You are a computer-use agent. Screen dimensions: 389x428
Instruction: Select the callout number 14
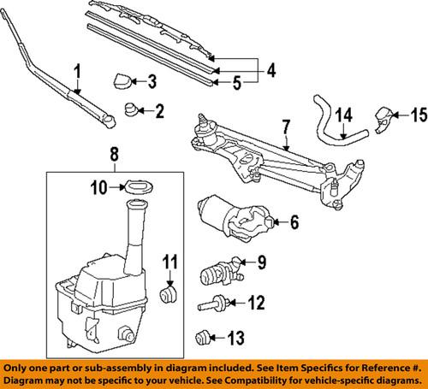(x=342, y=112)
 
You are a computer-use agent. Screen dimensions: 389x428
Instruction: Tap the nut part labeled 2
(x=132, y=109)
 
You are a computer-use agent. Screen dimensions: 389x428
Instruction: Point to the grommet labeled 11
(x=169, y=297)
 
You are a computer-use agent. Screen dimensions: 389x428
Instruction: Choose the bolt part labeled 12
(x=213, y=303)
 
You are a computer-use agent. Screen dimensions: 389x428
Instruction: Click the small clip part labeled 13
(x=205, y=336)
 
